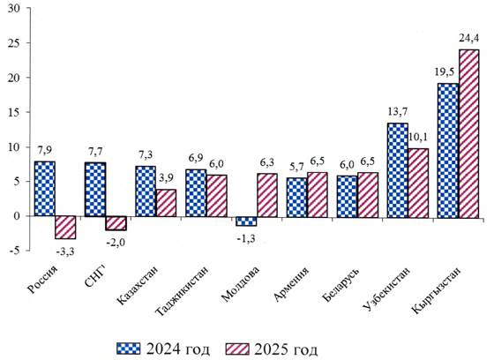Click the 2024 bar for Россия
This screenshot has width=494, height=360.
tap(45, 189)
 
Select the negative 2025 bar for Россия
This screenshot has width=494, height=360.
tap(65, 228)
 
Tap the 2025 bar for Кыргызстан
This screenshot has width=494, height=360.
tap(468, 133)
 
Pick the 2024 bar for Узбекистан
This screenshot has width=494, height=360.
tap(398, 170)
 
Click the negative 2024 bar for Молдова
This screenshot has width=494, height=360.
tap(246, 221)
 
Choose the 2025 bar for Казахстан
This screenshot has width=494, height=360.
tap(166, 203)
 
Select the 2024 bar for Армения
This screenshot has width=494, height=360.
tap(296, 198)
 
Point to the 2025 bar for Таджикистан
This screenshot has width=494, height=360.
tap(216, 196)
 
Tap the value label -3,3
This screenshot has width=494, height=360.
tap(65, 251)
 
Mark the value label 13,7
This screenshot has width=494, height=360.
tap(398, 111)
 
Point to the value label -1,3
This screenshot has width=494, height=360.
tap(246, 238)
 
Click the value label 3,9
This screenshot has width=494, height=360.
tap(167, 178)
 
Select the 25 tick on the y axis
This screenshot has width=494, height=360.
tap(15, 43)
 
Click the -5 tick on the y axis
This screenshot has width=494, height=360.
tap(16, 251)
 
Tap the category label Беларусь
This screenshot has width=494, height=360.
tap(341, 284)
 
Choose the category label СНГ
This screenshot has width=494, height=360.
tap(95, 276)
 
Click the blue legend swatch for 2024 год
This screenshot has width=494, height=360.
tap(128, 349)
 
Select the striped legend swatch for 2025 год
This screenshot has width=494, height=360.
tap(237, 349)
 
